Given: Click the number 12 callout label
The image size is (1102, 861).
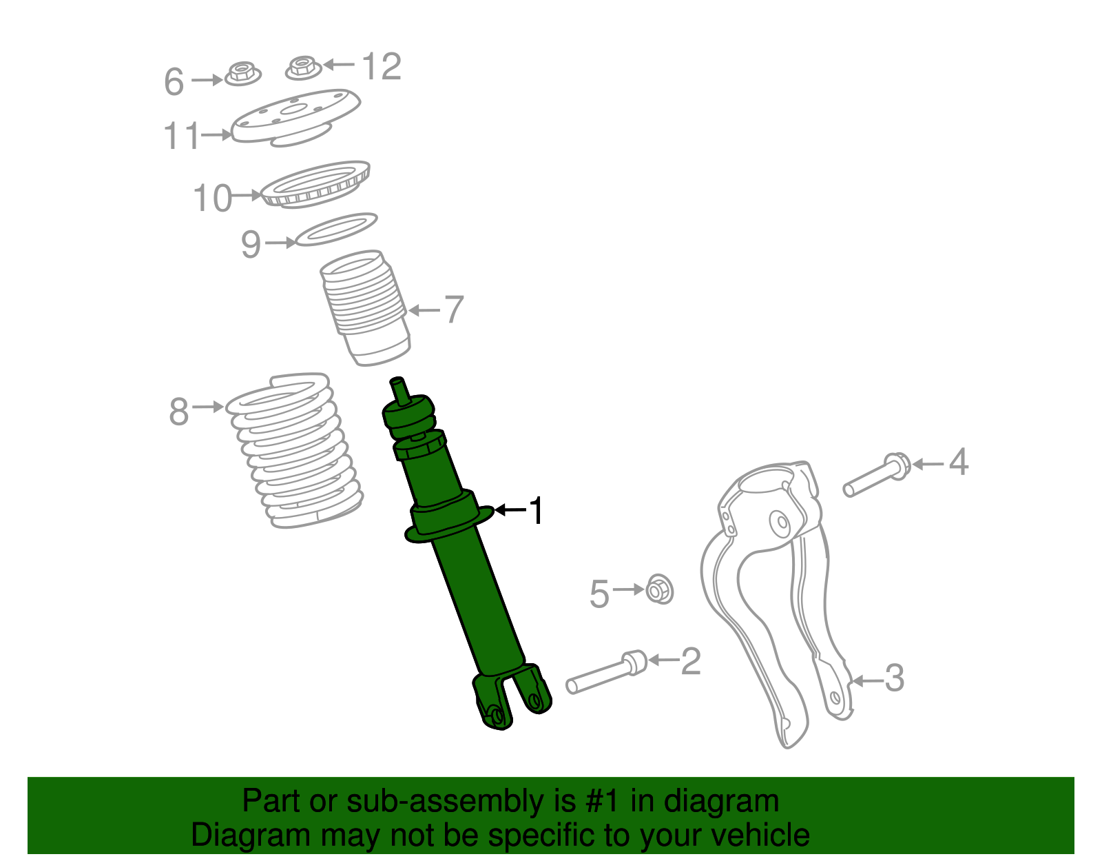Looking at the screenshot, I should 382,67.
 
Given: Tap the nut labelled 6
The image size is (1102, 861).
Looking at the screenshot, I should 242,73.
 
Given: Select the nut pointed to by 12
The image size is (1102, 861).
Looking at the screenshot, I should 302,68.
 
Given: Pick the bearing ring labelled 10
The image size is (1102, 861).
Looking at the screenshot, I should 317,184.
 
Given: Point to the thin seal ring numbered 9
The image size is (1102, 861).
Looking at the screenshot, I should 336,230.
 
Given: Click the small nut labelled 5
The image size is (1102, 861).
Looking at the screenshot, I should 659,589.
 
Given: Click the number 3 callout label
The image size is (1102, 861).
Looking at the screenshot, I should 893,678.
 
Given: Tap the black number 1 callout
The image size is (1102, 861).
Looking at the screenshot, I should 535,511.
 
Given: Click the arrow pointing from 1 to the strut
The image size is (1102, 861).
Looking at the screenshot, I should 510,510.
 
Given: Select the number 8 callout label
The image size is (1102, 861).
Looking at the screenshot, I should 178,412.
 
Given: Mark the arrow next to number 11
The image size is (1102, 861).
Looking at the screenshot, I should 216,135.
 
